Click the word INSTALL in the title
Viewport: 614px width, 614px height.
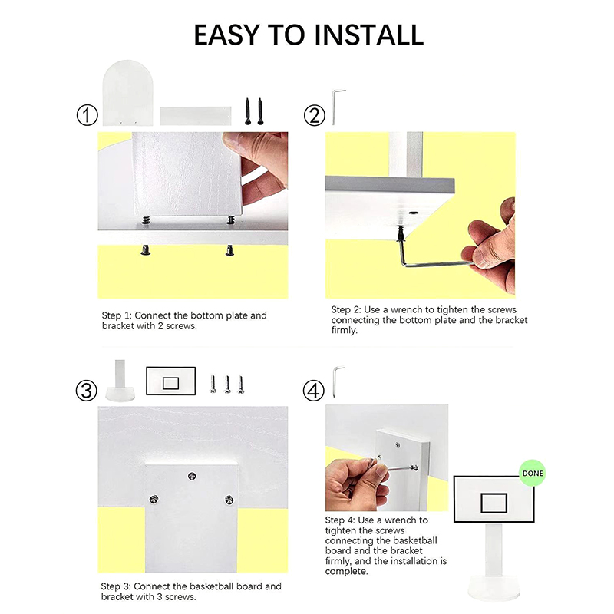click(369, 35)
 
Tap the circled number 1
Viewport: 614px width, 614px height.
click(87, 116)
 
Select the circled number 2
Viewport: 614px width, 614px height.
click(314, 116)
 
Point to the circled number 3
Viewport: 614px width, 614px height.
click(86, 391)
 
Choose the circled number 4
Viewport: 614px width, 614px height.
click(313, 391)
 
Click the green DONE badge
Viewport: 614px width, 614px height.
click(533, 473)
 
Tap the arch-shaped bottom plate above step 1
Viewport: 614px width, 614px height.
click(127, 93)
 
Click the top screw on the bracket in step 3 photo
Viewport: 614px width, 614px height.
click(192, 476)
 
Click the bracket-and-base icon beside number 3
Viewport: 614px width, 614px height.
click(120, 381)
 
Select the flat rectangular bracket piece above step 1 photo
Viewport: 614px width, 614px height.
click(196, 116)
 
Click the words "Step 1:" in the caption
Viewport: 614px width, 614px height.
click(117, 315)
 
